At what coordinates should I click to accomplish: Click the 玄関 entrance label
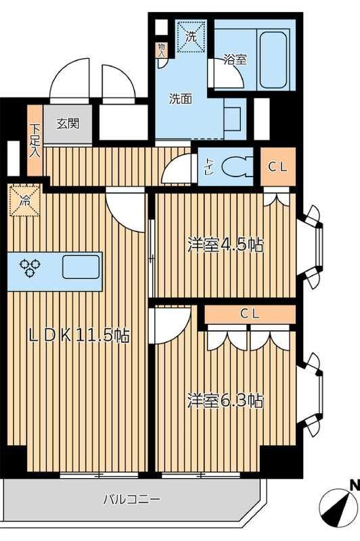pyautogui.click(x=68, y=124)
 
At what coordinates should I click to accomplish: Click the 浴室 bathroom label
pyautogui.click(x=235, y=60)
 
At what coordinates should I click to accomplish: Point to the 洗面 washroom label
pyautogui.click(x=181, y=98)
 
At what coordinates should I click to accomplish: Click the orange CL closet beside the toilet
pyautogui.click(x=278, y=166)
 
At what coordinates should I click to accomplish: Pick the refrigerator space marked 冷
pyautogui.click(x=25, y=201)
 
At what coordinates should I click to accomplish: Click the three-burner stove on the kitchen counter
pyautogui.click(x=30, y=268)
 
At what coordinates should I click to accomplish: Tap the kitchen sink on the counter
pyautogui.click(x=81, y=268)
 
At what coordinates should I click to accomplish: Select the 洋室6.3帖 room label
pyautogui.click(x=225, y=400)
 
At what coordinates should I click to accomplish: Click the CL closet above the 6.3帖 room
pyautogui.click(x=249, y=314)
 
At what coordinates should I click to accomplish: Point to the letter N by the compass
pyautogui.click(x=353, y=484)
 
